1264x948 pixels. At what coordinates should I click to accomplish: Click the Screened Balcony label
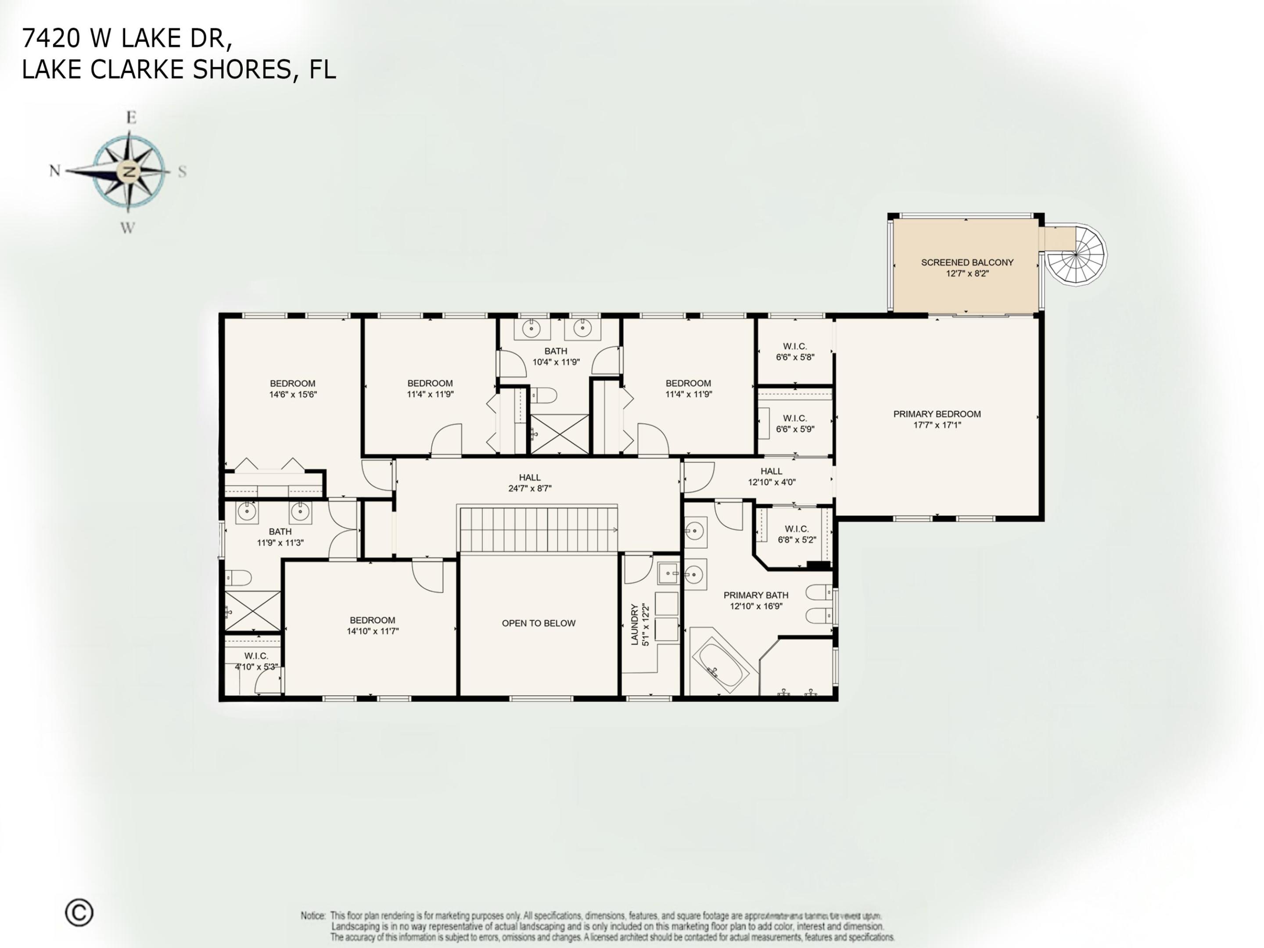coord(967,267)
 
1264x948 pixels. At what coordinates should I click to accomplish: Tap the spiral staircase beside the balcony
coord(1077,255)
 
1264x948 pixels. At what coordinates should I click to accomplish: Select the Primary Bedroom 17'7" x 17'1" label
coord(937,419)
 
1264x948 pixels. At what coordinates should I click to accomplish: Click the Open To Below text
coord(538,623)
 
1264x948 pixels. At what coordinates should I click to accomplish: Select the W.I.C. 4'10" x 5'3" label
coord(256,661)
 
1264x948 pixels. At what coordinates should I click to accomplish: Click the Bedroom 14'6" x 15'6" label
coord(293,388)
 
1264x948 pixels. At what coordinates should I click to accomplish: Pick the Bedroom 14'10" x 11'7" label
coord(373,625)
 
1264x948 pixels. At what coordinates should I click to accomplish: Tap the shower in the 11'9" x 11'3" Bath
coord(252,611)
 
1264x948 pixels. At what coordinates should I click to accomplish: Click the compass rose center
coord(129,171)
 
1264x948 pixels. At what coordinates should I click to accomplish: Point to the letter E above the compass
coord(131,118)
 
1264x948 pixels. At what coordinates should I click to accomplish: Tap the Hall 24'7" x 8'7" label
coord(530,483)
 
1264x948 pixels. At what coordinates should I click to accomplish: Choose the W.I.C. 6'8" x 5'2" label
coord(797,534)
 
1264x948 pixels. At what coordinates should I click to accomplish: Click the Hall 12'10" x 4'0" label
coord(772,476)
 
